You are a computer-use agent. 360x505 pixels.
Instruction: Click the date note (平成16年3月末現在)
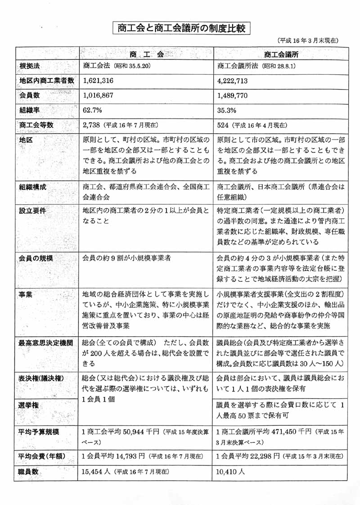(308, 41)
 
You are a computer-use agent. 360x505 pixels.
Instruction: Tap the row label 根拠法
(30, 66)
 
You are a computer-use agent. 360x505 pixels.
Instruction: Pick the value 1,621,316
(99, 81)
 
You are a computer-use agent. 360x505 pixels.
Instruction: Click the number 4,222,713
(233, 81)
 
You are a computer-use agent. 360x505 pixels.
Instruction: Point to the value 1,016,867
(99, 95)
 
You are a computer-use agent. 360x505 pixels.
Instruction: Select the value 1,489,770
(233, 95)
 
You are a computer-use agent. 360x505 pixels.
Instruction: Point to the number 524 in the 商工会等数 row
(223, 125)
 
